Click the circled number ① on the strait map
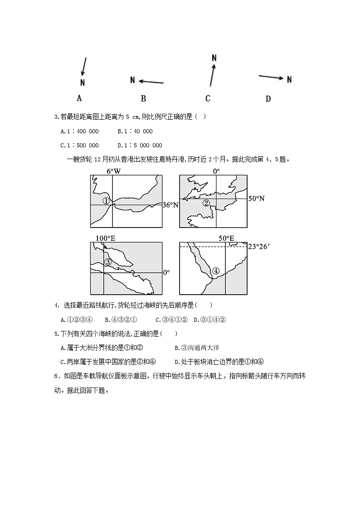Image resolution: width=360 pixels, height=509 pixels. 106,201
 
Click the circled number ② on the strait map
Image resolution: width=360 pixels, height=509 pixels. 206,203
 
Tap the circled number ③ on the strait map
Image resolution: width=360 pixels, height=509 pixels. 108,262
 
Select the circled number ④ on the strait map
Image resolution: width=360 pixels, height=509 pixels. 216,271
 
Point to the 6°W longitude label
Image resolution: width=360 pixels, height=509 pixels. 114,171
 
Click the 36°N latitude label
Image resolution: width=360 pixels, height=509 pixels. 170,205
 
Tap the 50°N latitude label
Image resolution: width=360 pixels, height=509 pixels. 257,199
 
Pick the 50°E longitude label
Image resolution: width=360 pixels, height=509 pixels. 226,238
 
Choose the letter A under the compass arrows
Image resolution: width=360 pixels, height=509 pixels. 79,98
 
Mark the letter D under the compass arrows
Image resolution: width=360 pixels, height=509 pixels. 268,99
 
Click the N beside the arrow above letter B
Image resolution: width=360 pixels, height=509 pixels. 133,80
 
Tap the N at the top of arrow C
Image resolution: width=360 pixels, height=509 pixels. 214,58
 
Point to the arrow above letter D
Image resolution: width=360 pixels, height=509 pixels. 272,78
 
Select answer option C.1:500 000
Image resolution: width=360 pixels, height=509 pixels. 79,145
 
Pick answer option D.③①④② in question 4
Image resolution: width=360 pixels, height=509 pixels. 209,320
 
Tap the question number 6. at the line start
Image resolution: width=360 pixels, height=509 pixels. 57,376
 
